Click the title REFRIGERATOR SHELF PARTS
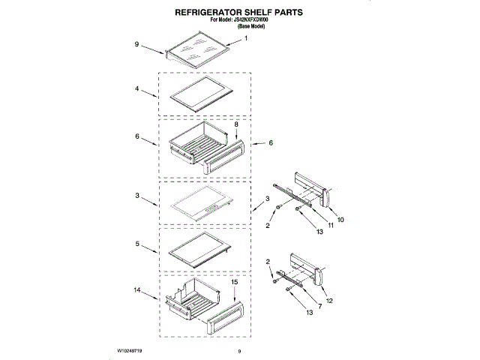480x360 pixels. tap(239, 13)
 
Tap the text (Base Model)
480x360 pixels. tap(252, 27)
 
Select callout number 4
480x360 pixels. tap(137, 88)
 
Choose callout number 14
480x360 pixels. tap(137, 288)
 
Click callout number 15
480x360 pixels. tap(234, 283)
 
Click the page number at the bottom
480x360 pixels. tap(238, 351)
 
